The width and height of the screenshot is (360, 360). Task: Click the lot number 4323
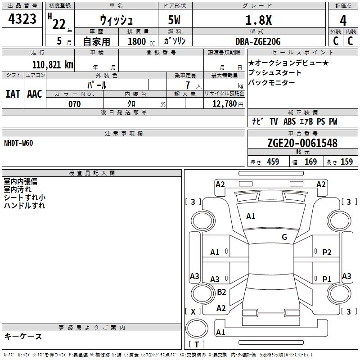tap(22, 20)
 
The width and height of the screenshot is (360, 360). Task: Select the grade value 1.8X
tap(258, 20)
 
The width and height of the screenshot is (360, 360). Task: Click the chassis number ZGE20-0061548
tap(302, 143)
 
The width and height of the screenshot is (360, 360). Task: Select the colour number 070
tap(74, 104)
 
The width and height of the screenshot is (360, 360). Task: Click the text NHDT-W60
tap(18, 143)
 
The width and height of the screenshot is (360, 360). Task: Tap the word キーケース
tap(23, 337)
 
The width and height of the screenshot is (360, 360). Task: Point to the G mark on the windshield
tap(284, 237)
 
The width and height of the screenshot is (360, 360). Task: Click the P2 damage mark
tap(327, 252)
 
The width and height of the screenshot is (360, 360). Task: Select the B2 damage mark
tap(221, 292)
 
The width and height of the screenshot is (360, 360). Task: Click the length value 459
tap(273, 162)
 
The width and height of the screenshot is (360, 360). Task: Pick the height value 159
tap(346, 162)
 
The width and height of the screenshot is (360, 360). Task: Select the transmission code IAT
tap(13, 94)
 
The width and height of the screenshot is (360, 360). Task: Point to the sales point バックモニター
tap(271, 82)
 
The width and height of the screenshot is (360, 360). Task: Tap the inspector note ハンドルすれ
tap(24, 206)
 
